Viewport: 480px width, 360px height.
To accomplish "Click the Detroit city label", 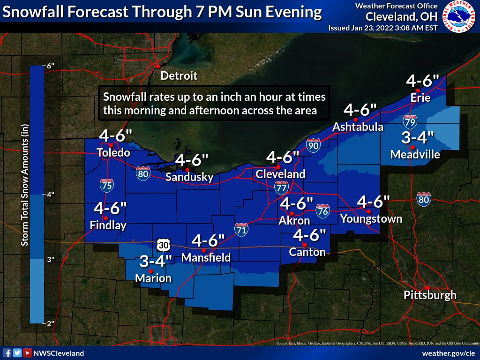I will pyautogui.click(x=179, y=75).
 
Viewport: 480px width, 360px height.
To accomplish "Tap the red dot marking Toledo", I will pyautogui.click(x=111, y=145).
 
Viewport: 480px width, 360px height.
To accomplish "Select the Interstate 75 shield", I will pyautogui.click(x=106, y=186).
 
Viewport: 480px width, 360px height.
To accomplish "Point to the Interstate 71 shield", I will pyautogui.click(x=241, y=229).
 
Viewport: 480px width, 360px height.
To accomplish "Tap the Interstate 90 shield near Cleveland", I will pyautogui.click(x=313, y=146).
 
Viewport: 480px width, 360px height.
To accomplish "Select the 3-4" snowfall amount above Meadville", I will pyautogui.click(x=418, y=138).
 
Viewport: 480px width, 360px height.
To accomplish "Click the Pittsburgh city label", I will pyautogui.click(x=430, y=295).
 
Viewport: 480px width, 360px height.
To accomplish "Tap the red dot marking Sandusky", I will pyautogui.click(x=187, y=170).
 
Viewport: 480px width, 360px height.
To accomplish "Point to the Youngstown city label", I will pyautogui.click(x=371, y=218).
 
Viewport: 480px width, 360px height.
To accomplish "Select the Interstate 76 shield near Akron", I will pyautogui.click(x=322, y=210).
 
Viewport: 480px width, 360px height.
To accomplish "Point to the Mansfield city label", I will pyautogui.click(x=206, y=257).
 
